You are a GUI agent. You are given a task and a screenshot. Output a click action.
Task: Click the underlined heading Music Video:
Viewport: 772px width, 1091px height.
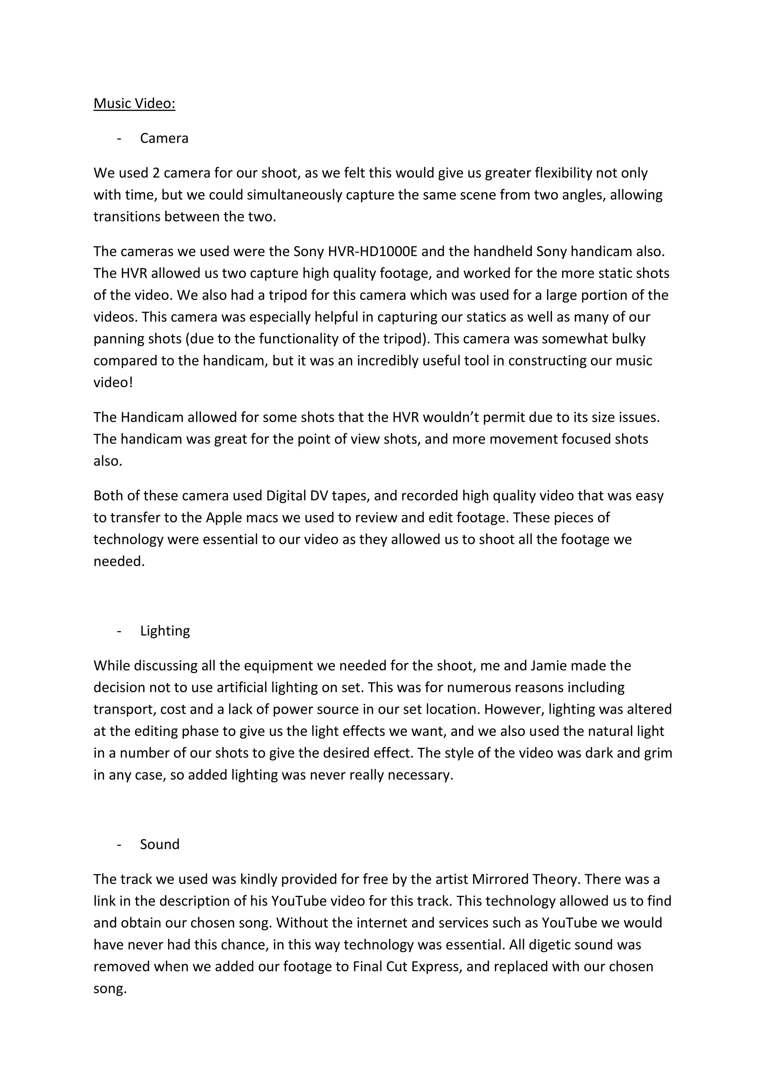coord(134,104)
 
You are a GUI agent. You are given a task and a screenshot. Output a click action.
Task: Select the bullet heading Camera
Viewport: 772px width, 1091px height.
coord(164,138)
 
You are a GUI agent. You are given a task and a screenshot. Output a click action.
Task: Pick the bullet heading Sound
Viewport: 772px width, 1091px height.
coord(160,844)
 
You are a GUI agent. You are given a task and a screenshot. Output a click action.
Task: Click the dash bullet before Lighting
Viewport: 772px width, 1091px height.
coord(118,631)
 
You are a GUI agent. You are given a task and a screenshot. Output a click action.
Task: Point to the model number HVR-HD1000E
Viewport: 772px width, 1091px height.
coord(372,251)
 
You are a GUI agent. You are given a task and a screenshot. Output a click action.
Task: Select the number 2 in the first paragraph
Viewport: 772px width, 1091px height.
coord(156,173)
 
